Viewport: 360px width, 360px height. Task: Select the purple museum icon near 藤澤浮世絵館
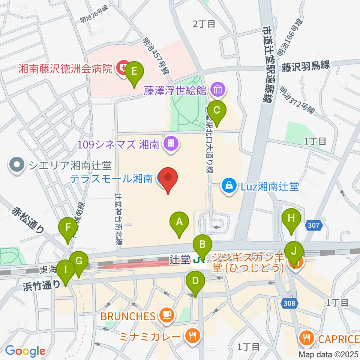pos(218,90)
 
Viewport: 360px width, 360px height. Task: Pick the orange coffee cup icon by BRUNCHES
pos(165,315)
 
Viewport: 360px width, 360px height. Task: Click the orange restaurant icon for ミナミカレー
pos(193,334)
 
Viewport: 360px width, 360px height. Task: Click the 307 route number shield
pos(314,226)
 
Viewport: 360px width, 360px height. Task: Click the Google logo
pos(25,351)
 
